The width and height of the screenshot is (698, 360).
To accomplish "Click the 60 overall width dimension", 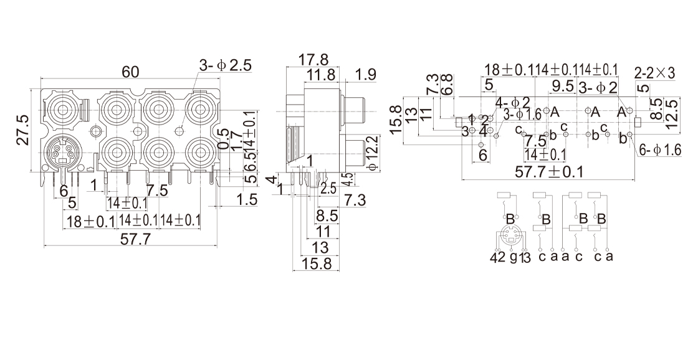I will pos(130,72).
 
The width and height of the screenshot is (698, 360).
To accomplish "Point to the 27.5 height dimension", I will pos(23,130).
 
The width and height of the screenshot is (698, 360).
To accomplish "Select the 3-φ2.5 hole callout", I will pos(225,65).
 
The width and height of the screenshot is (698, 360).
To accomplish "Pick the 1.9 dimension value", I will pos(365,75).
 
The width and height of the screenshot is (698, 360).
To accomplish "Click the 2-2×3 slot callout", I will pos(654,73).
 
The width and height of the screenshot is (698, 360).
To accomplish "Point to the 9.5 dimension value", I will pos(562,85).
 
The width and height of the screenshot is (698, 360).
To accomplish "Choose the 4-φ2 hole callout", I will pos(513,102).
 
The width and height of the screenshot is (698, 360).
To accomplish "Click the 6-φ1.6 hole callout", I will pos(661,149).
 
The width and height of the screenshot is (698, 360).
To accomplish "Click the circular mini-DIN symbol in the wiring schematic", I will pos(510,239).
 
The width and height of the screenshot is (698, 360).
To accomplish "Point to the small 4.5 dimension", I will pos(349,179).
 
